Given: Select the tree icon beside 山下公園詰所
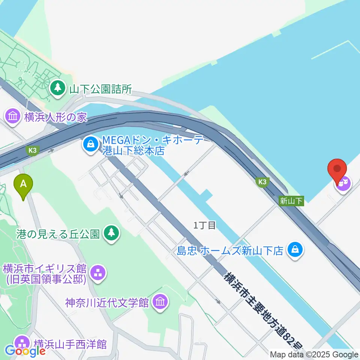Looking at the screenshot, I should [x=57, y=88].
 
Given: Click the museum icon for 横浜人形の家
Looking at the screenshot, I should [x=13, y=116].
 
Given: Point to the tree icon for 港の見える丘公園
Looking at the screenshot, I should [x=111, y=234].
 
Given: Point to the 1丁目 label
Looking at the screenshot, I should [x=204, y=225].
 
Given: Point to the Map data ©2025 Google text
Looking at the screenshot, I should [x=314, y=355].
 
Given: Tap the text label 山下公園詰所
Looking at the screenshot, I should [x=100, y=89].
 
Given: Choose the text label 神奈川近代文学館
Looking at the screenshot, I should [x=107, y=303].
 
